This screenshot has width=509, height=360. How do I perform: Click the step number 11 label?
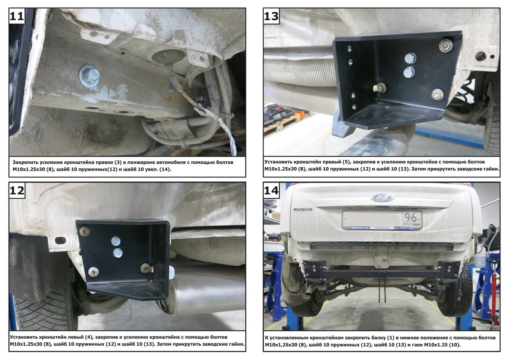[17, 16]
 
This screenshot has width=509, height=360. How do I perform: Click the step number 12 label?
[17, 190]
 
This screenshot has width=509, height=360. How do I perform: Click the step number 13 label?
[271, 16]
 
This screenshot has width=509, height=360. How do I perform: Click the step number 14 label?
[271, 190]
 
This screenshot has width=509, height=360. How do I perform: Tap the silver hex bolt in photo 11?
[89, 76]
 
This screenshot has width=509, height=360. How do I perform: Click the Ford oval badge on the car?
[382, 197]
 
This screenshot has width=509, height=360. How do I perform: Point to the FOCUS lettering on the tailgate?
[303, 209]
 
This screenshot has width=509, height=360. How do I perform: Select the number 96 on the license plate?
[411, 218]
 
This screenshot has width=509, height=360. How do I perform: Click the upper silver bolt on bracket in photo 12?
[116, 241]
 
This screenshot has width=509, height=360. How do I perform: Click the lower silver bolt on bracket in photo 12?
[118, 253]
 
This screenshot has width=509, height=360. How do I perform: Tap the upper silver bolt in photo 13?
[410, 58]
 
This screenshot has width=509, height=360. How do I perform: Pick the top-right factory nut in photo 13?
[446, 46]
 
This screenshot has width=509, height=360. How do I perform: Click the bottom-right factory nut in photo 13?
[437, 94]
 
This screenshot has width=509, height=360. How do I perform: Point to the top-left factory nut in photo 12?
[84, 232]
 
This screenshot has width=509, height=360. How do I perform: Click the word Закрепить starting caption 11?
[25, 162]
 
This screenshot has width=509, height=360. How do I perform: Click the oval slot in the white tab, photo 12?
[60, 240]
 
